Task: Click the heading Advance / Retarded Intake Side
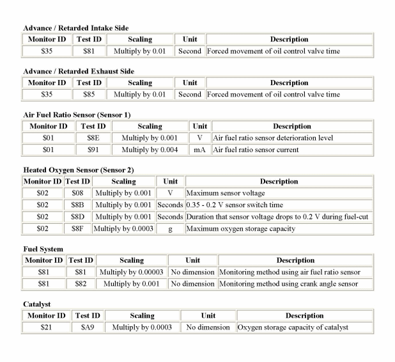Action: click(75, 29)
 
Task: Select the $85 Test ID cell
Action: click(89, 95)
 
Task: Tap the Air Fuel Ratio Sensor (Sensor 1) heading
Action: click(77, 114)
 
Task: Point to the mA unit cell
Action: click(199, 150)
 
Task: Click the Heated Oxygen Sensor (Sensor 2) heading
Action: click(79, 169)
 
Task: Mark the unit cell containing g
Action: click(170, 228)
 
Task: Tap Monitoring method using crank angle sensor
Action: click(288, 284)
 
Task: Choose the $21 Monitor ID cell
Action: click(44, 327)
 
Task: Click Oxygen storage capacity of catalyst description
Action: click(294, 327)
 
